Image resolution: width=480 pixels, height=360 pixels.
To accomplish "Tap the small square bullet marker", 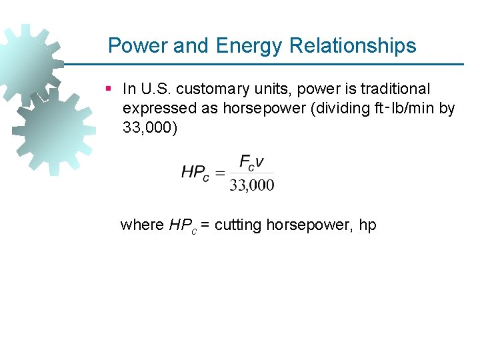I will pyautogui.click(x=109, y=88).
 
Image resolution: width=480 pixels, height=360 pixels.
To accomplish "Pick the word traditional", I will pyautogui.click(x=396, y=89).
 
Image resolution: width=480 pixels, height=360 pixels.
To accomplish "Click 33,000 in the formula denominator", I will pyautogui.click(x=251, y=185).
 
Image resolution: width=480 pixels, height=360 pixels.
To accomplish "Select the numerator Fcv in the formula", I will pyautogui.click(x=251, y=162).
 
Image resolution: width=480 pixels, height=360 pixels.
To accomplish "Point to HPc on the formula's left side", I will pyautogui.click(x=195, y=173).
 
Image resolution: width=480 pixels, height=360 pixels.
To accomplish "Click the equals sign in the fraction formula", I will pyautogui.click(x=219, y=173).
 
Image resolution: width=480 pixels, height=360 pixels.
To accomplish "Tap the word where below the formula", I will pyautogui.click(x=141, y=225).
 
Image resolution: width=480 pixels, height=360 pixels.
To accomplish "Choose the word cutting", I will pyautogui.click(x=238, y=225).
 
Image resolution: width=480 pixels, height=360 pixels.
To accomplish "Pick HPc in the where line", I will pyautogui.click(x=182, y=225).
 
